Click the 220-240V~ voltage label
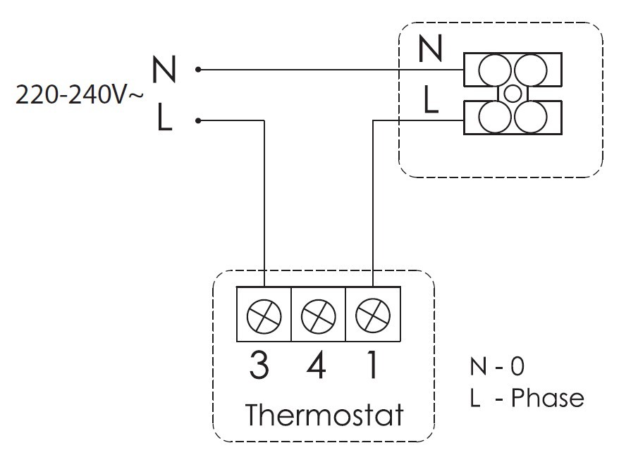point(79,95)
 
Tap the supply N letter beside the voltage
point(164,70)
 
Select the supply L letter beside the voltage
point(164,118)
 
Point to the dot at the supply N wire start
point(199,70)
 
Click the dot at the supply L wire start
point(199,120)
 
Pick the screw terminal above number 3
point(264,318)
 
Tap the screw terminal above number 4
point(318,318)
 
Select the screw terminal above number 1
point(372,318)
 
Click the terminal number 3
point(260,365)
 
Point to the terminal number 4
point(317,365)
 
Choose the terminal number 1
point(371,365)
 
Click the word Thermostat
point(324,415)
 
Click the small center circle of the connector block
point(513,93)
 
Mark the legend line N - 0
point(496,366)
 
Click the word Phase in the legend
point(548,399)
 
